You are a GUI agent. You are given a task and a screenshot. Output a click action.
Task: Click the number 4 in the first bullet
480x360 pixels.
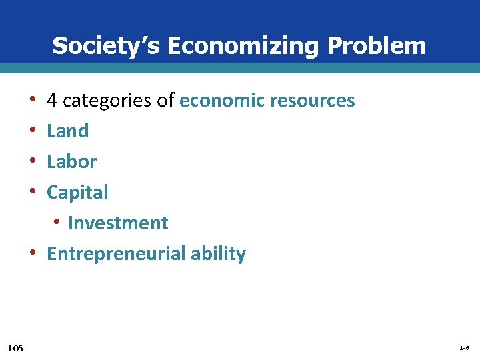click(51, 101)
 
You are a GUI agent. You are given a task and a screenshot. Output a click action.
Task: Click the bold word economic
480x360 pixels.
click(223, 101)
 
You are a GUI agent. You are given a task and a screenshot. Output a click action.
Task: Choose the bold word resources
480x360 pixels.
click(313, 101)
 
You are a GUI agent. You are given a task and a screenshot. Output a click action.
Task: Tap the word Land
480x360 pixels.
click(67, 131)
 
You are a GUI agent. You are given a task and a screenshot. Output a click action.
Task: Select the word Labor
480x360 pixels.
click(71, 162)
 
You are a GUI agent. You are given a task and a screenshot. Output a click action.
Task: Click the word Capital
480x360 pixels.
click(77, 193)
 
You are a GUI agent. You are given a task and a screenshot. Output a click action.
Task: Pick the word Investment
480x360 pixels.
click(118, 223)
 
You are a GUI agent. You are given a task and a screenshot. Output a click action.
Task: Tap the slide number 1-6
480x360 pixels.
click(464, 349)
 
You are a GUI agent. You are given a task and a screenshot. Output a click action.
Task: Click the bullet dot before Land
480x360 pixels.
click(33, 131)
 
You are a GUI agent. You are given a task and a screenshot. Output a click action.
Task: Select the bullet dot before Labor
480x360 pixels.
click(33, 162)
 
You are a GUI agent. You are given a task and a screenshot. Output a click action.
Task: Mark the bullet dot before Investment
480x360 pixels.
click(59, 223)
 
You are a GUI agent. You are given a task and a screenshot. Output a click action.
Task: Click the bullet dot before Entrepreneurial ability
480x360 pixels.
click(33, 253)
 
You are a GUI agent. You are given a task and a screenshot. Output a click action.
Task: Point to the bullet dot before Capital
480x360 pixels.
click(33, 193)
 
